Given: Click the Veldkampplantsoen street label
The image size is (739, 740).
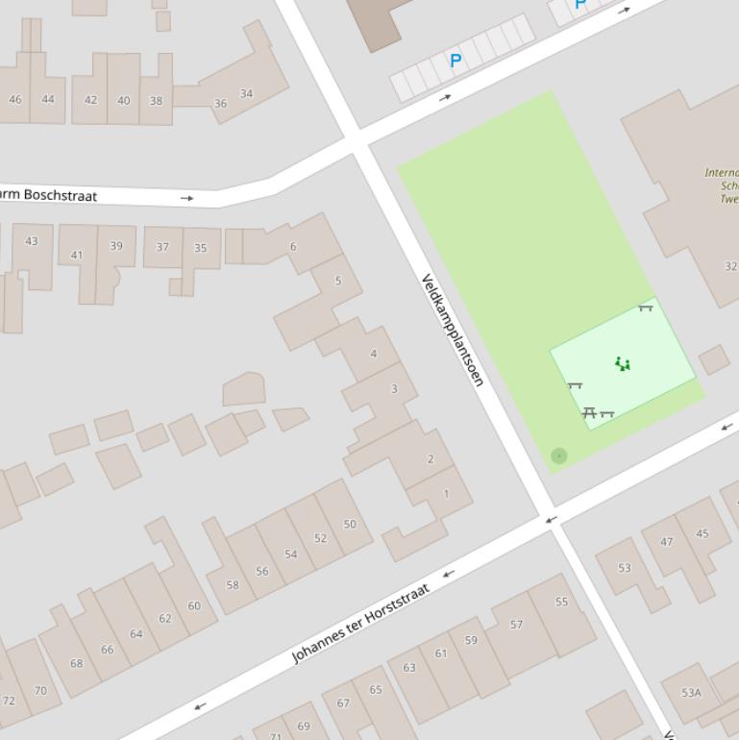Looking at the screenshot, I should [452, 330].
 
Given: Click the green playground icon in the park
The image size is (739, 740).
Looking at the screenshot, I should [623, 364].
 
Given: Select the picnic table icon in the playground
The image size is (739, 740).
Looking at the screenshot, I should [589, 412].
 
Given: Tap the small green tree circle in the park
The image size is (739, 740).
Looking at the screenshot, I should [559, 456].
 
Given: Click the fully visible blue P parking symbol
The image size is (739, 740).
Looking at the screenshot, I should [456, 61].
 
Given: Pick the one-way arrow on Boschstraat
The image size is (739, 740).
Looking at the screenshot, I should [186, 198].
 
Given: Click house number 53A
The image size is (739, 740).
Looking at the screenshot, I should [691, 692].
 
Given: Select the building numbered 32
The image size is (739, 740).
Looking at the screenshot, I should [730, 266].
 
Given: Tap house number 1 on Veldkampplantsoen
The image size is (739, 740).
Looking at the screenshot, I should [446, 493].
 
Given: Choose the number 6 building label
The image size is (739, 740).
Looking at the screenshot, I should [293, 246].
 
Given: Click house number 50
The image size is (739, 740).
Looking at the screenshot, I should [350, 524].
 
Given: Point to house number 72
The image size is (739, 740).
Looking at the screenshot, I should [9, 700].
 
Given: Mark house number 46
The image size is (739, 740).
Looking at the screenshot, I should [14, 99].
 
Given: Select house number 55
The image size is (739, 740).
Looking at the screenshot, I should [561, 602].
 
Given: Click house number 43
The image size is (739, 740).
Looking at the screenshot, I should [32, 240].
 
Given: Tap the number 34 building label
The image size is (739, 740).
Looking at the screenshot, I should [246, 93].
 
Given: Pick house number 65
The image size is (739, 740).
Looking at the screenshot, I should [375, 689].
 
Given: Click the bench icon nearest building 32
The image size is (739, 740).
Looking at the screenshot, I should [645, 308].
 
